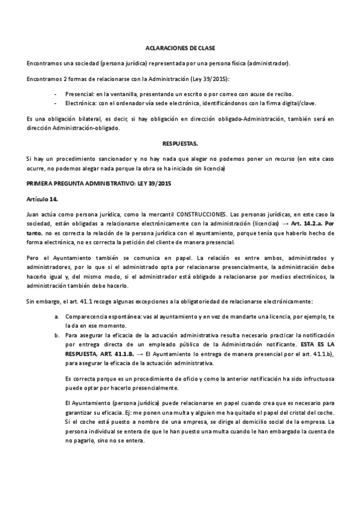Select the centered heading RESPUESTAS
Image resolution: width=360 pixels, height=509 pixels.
(x=180, y=144)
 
